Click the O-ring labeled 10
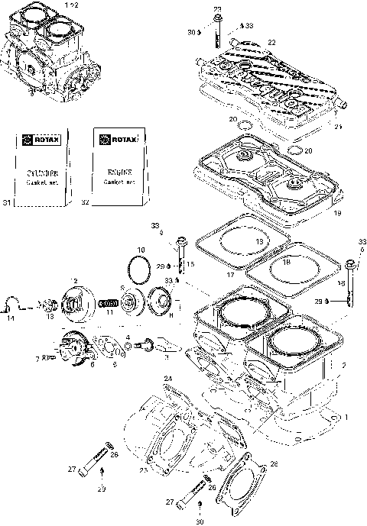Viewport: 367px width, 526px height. (x=139, y=269)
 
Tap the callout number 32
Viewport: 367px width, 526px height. (x=85, y=203)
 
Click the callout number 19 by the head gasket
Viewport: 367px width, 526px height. (x=337, y=216)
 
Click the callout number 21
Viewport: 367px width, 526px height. (x=337, y=127)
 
